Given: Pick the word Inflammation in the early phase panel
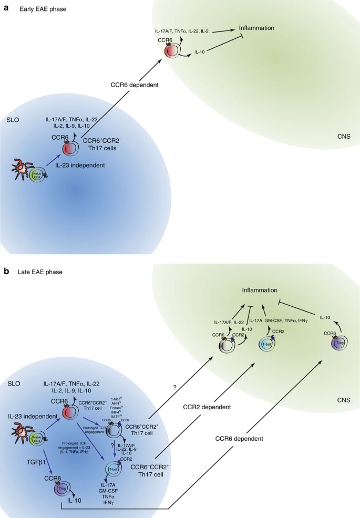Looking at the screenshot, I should tap(258, 27).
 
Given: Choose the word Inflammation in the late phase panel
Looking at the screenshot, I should tap(260, 290).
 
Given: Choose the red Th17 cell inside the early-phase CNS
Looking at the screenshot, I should tap(171, 51).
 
